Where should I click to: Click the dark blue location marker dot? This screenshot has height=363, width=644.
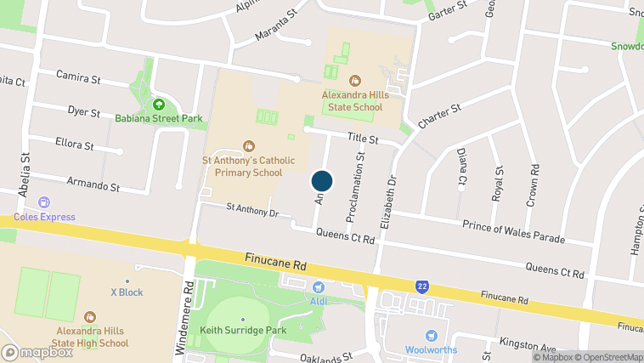(x=322, y=181)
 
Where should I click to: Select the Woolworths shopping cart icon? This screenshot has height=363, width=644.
(x=431, y=336)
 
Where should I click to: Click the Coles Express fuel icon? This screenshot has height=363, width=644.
(x=43, y=203)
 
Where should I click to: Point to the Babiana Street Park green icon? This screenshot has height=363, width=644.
(x=158, y=105)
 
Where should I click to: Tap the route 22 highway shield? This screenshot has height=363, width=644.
(x=421, y=286)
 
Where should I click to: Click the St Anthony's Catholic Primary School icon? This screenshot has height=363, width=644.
(x=248, y=145)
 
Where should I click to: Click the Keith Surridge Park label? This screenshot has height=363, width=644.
(x=243, y=330)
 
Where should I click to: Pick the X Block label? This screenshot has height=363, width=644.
(x=127, y=292)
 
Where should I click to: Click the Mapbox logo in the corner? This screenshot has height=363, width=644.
(x=37, y=351)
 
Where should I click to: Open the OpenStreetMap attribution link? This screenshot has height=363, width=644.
(x=602, y=357)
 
